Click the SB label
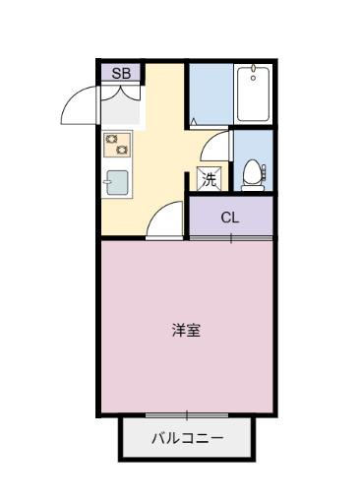[121, 73]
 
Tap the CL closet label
[229, 218]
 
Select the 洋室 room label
[186, 330]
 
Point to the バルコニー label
[186, 439]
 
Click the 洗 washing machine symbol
[209, 179]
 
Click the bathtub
[255, 95]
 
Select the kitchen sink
[117, 183]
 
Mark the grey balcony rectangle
[187, 439]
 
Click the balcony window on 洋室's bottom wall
[186, 415]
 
